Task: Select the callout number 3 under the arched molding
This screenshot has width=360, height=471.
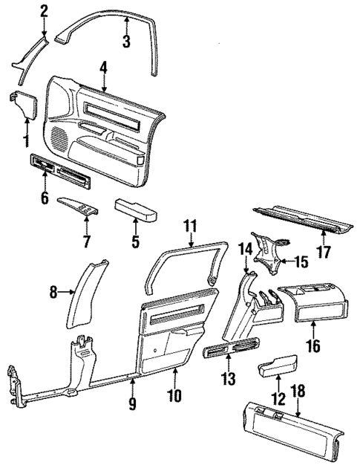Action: click(126, 42)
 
